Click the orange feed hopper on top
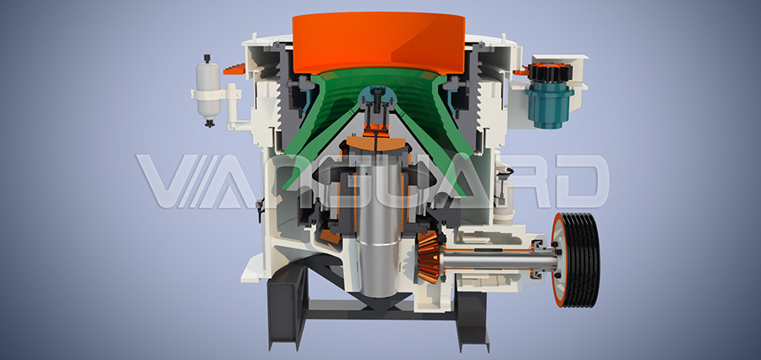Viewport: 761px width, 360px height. point(379,44)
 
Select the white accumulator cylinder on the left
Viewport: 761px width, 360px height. point(208,90)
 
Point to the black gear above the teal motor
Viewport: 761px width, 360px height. point(550,73)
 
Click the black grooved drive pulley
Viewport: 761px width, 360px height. point(583,259)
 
